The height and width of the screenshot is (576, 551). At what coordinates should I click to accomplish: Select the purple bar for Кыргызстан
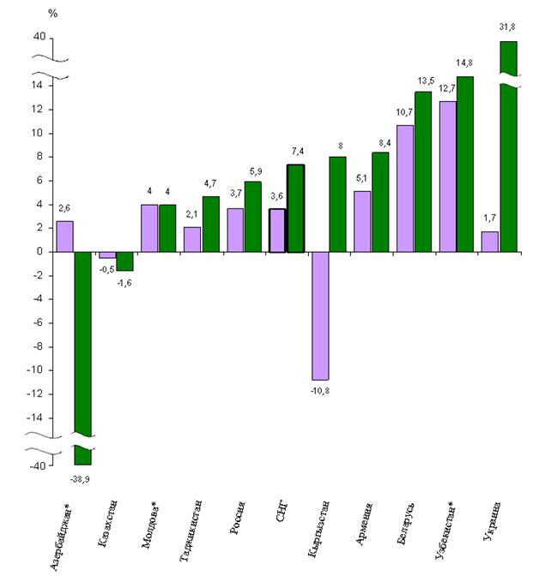tap(319, 315)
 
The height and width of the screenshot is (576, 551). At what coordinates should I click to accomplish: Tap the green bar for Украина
tap(507, 146)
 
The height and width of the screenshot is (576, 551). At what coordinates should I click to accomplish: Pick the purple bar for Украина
tap(489, 241)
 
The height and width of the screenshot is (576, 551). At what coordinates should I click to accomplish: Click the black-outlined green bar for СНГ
tap(294, 208)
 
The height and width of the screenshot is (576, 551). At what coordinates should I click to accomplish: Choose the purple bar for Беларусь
tap(404, 188)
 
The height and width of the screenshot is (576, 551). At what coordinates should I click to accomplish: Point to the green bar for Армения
tap(379, 201)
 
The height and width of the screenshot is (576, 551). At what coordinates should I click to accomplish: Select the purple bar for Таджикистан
tap(192, 239)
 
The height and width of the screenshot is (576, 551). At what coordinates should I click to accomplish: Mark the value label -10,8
tap(319, 390)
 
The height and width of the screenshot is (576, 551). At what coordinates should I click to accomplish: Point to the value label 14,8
tap(464, 63)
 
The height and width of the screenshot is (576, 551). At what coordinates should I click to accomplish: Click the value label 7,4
tap(294, 151)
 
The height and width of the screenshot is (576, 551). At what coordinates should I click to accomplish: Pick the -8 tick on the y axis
tap(38, 346)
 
